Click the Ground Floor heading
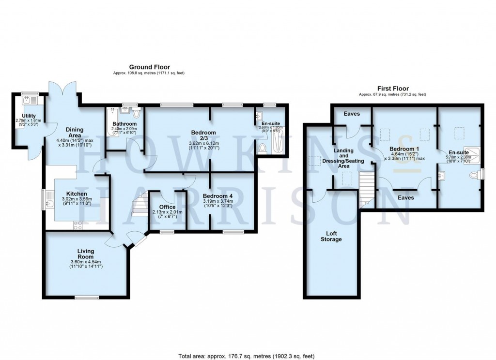pos(149,67)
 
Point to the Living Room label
pos(85,254)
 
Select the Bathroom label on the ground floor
pos(124,124)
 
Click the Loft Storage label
pos(331,236)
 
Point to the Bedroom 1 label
pos(404,149)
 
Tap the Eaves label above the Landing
pos(351,114)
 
